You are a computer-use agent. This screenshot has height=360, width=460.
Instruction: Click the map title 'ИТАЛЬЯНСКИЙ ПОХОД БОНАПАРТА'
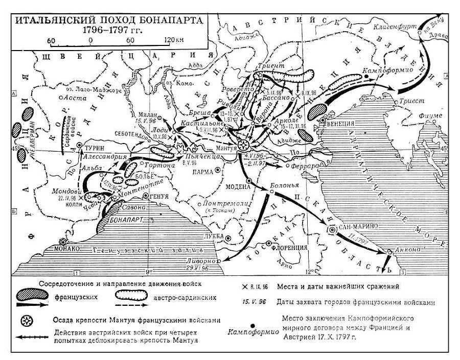(108, 20)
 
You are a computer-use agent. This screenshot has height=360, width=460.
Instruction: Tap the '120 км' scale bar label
(174, 40)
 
